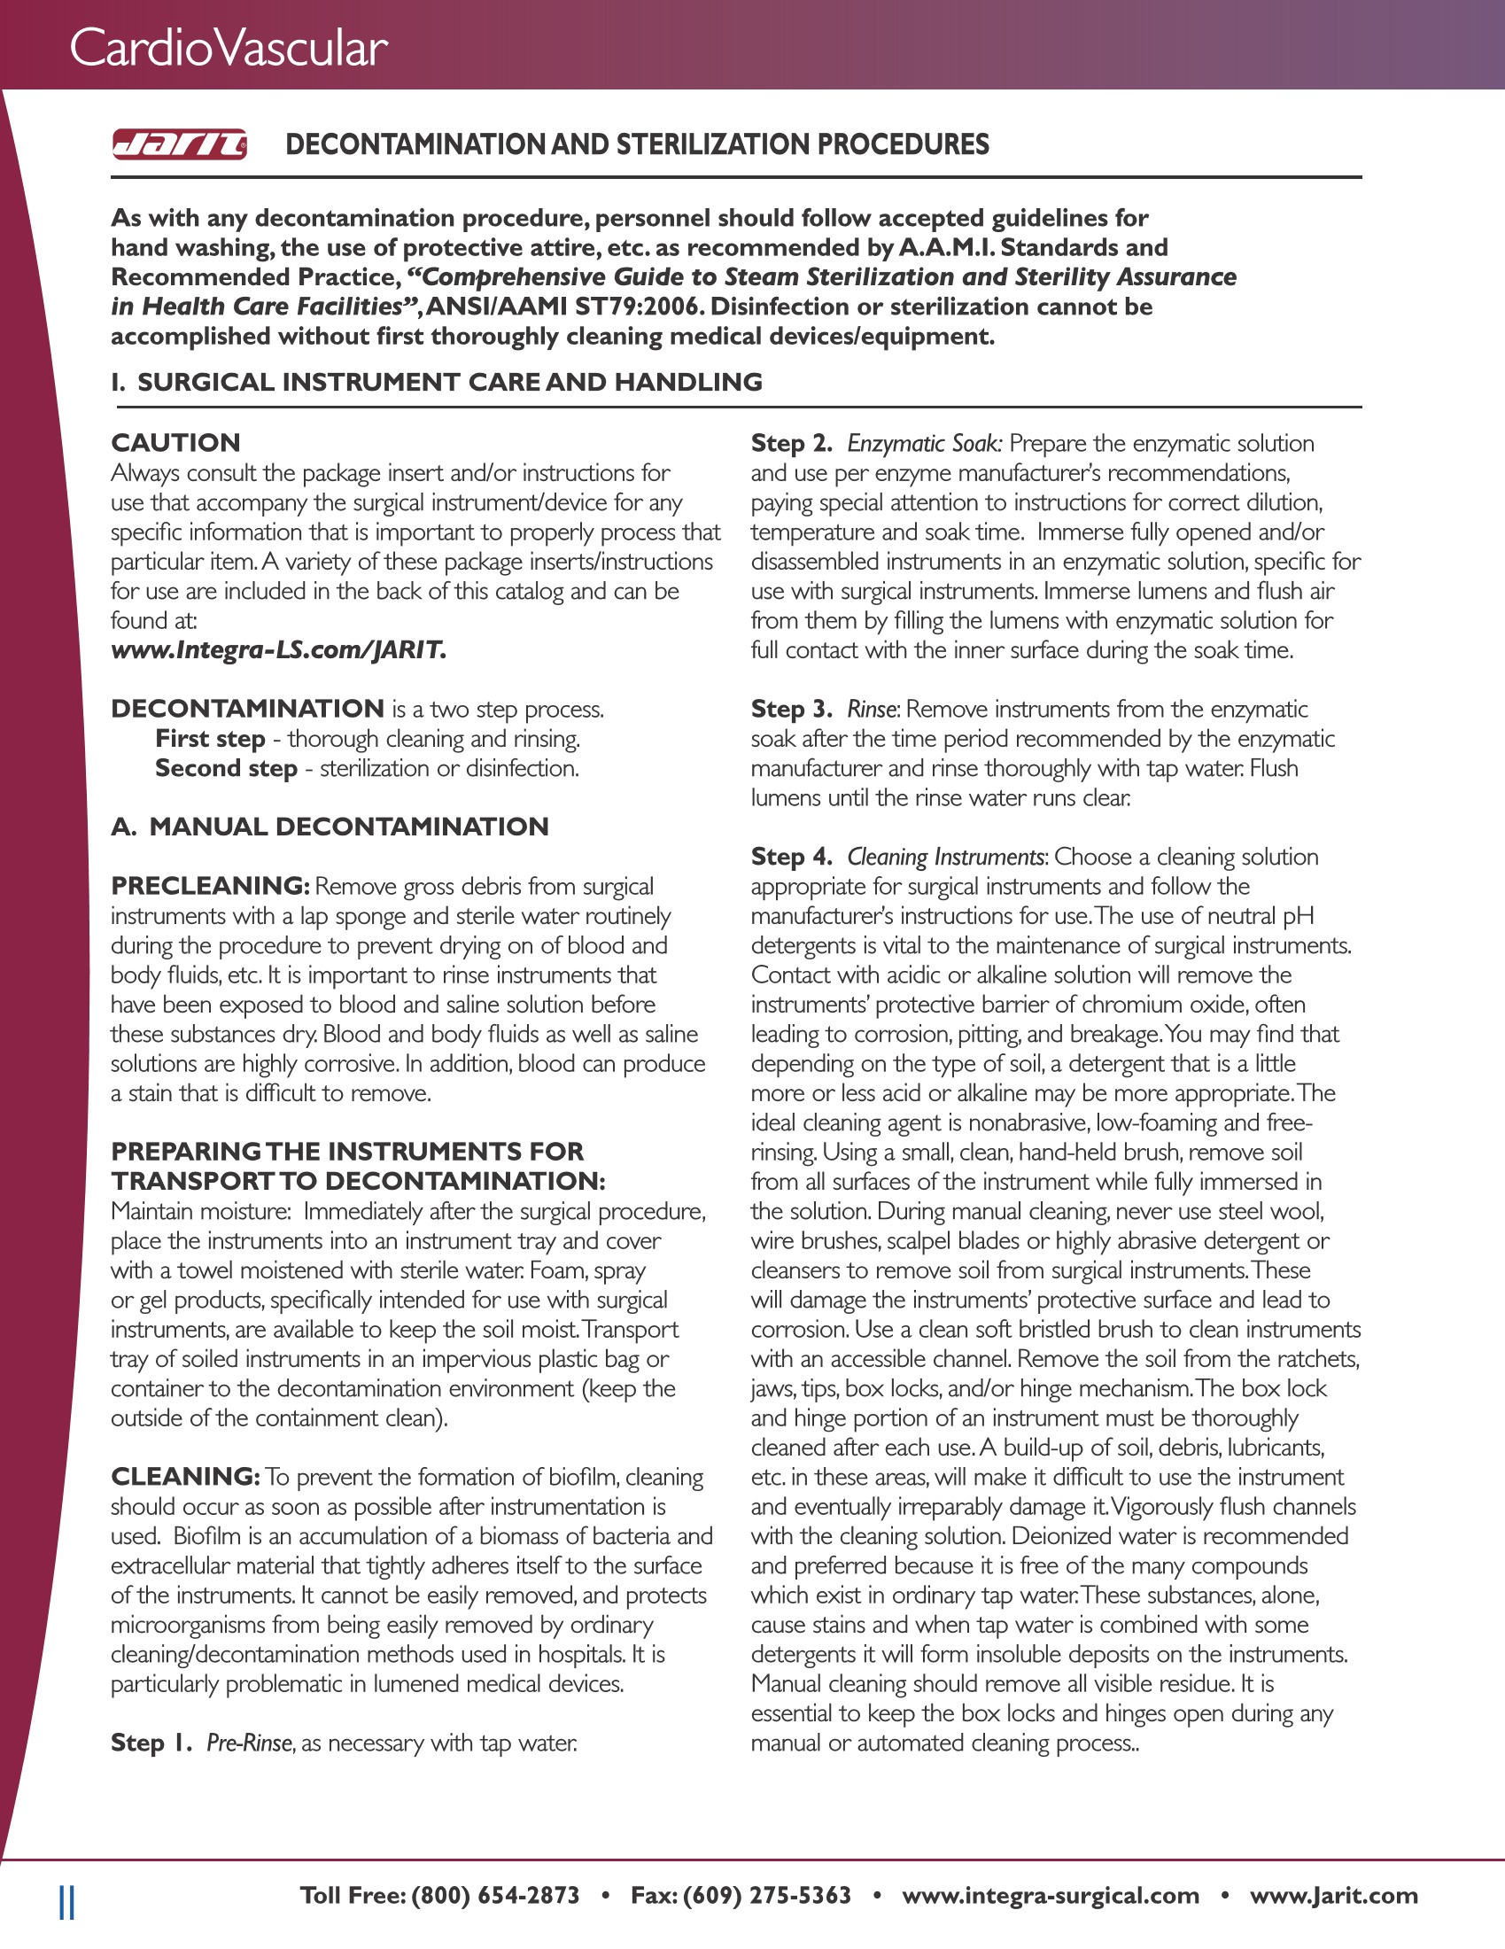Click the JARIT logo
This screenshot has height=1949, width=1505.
[x=179, y=144]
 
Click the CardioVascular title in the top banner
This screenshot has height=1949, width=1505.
[x=229, y=48]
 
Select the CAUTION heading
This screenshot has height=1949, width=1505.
[x=175, y=443]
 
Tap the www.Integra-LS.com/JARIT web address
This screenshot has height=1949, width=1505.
[x=278, y=649]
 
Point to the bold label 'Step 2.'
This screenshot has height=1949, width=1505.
[x=791, y=443]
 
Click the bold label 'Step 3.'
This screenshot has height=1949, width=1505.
[x=791, y=709]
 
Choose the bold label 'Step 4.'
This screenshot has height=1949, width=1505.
[x=791, y=857]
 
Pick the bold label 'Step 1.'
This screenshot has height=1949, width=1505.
[x=151, y=1743]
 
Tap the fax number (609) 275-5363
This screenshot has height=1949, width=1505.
[x=767, y=1895]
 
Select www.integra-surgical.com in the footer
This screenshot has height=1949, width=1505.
[x=1050, y=1895]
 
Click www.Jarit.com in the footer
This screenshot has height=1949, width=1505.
[x=1333, y=1895]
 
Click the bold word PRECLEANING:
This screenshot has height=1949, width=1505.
[x=210, y=886]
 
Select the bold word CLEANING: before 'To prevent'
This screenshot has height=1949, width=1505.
[x=184, y=1477]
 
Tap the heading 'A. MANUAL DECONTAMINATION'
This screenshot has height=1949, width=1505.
[x=330, y=827]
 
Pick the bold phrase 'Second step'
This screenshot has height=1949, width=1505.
[x=226, y=768]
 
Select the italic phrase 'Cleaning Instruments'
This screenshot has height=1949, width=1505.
[x=946, y=857]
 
